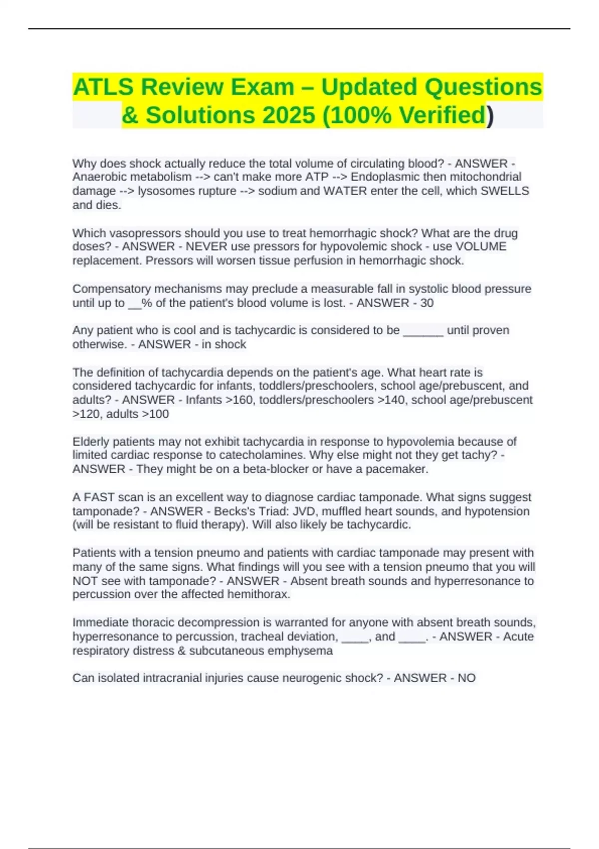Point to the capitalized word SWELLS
[x=505, y=191]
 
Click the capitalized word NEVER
[x=206, y=247]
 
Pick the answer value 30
[x=427, y=303]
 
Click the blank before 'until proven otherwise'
[x=423, y=331]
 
